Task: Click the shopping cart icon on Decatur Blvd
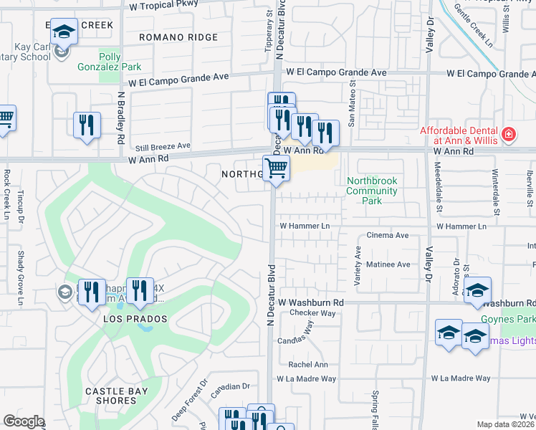click(276, 169)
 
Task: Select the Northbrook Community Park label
click(371, 191)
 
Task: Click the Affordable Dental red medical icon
click(508, 133)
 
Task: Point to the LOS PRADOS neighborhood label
click(135, 318)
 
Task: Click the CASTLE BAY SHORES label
click(110, 396)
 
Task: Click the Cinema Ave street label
click(387, 235)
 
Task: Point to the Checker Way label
click(312, 313)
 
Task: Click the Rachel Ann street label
click(308, 364)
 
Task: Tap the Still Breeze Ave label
click(163, 145)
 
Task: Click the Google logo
click(24, 421)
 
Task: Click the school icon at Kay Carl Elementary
click(64, 33)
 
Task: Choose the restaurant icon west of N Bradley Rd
click(87, 124)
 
